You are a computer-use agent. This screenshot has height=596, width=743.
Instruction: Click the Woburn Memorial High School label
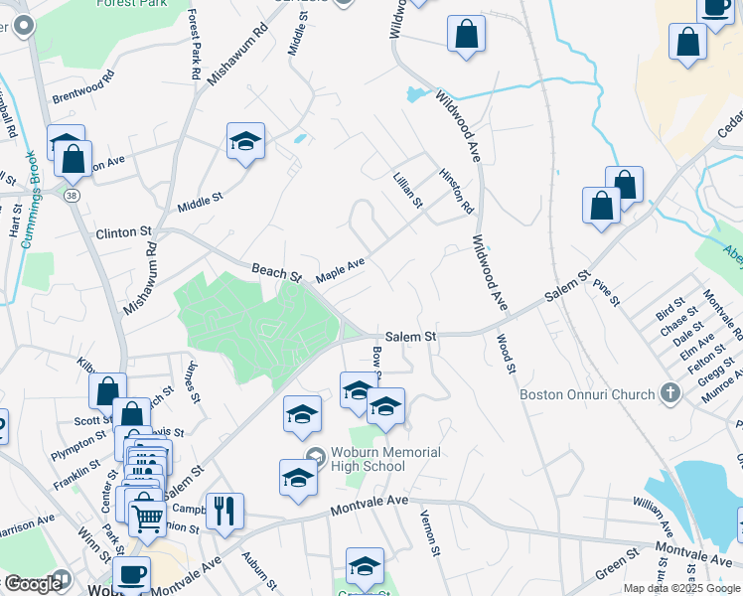[381, 460]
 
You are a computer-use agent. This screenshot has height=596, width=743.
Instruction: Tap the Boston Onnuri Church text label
[588, 394]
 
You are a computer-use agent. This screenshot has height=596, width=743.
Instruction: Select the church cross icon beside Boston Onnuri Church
[670, 393]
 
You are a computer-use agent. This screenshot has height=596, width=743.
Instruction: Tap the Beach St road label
[275, 270]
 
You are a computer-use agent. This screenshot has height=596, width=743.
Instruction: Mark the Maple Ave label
[341, 269]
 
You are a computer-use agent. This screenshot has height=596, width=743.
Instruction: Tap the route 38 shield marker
[72, 198]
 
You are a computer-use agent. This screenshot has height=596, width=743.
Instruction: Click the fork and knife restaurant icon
[223, 510]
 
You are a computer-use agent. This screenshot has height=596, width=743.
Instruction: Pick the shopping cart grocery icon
[146, 514]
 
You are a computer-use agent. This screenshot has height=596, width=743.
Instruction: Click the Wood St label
[507, 353]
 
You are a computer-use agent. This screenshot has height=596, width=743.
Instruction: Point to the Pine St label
[606, 293]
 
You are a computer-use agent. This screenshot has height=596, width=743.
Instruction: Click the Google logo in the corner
[32, 584]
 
